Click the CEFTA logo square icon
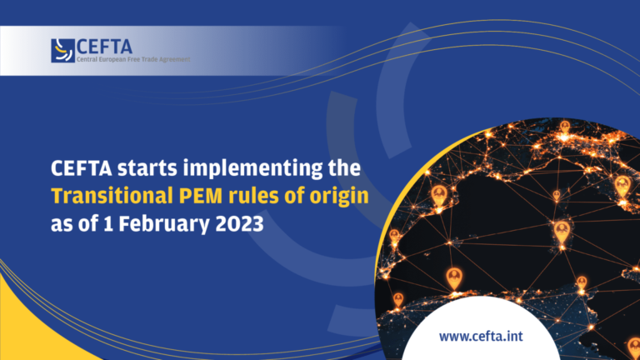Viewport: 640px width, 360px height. [62, 51]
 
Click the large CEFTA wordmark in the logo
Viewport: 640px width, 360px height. [104, 47]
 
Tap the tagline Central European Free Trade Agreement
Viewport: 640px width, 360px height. [133, 59]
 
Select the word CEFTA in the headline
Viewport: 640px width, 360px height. [81, 167]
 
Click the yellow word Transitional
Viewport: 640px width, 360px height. [112, 196]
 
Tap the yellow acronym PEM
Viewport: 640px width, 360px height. [201, 196]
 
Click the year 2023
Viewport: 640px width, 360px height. [240, 224]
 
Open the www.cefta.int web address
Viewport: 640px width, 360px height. [481, 337]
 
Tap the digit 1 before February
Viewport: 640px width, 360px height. [108, 224]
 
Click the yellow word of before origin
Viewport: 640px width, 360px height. [294, 196]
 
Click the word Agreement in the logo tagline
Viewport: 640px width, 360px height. [175, 60]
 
